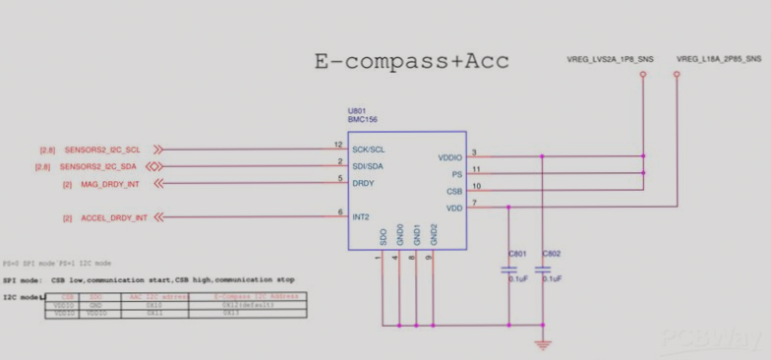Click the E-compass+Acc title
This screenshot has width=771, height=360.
click(412, 61)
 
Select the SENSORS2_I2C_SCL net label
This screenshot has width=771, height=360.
click(102, 150)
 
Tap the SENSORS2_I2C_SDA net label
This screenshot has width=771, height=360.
click(102, 166)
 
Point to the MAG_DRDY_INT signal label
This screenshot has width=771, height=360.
click(109, 184)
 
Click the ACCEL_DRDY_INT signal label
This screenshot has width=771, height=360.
click(113, 217)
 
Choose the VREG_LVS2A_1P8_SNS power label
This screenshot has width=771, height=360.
click(611, 60)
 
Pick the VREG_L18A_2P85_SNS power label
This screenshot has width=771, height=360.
click(719, 60)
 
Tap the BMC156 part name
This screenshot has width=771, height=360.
click(363, 120)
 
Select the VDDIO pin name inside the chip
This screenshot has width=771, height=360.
click(449, 157)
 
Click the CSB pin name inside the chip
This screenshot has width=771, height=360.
click(454, 191)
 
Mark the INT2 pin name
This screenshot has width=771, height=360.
click(361, 216)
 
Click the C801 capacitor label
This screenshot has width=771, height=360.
click(517, 255)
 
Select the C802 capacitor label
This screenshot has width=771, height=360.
click(552, 255)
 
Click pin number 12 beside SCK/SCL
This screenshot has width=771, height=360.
click(337, 146)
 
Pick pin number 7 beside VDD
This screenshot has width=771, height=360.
click(475, 203)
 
